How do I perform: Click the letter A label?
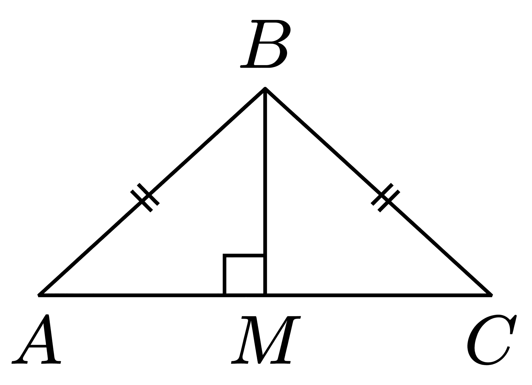tap(36, 339)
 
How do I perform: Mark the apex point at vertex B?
tap(265, 88)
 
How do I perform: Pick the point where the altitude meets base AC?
tap(265, 295)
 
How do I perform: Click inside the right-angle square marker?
tap(245, 275)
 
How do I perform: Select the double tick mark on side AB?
tap(145, 198)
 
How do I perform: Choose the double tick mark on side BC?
tap(385, 198)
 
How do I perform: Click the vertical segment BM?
tap(265, 192)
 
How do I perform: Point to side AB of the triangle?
tap(152, 192)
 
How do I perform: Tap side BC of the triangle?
tap(378, 192)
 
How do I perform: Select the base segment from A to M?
tap(152, 295)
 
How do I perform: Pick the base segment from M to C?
tap(378, 295)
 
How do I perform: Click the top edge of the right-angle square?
tap(244, 256)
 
